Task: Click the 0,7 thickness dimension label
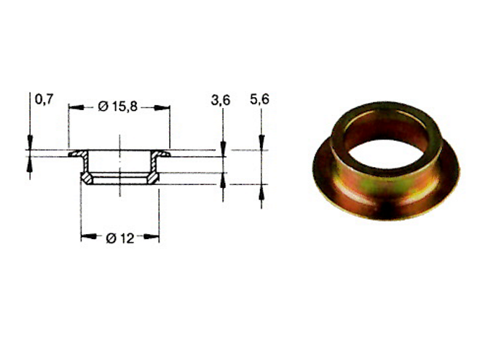44,100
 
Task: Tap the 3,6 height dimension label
220,101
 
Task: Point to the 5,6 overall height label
259,100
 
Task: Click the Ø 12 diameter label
120,238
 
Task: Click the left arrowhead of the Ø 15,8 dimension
73,107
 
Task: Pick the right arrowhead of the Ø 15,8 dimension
166,107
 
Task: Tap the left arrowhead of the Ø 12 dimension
85,237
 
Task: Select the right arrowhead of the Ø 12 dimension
155,237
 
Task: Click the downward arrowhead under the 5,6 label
261,145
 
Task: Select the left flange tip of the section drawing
71,154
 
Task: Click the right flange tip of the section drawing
168,154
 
